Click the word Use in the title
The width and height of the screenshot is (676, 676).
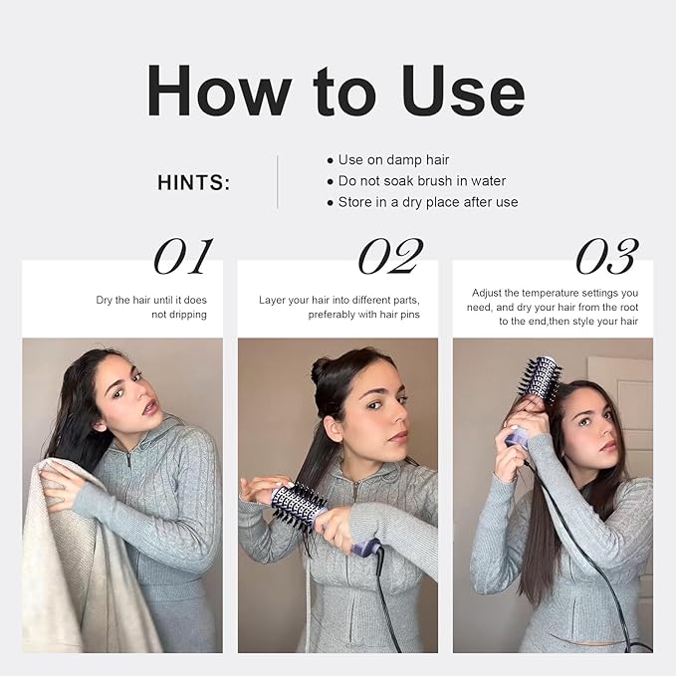(x=463, y=91)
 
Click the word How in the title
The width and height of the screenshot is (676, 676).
(x=219, y=91)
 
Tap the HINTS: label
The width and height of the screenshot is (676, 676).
(x=193, y=183)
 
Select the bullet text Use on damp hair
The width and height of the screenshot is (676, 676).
(x=393, y=160)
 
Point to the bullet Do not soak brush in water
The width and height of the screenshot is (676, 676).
(x=422, y=181)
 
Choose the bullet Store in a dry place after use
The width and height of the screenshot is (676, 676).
(x=428, y=202)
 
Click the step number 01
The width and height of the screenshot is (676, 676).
(x=183, y=256)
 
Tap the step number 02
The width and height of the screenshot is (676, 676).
(x=390, y=256)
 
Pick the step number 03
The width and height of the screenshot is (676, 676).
(x=607, y=256)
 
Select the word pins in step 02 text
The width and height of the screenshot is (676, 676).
(x=409, y=315)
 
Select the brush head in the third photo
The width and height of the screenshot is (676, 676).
(x=541, y=379)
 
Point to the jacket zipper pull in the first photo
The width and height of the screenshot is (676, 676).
(x=129, y=460)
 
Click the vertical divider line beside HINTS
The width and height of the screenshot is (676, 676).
(x=277, y=182)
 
